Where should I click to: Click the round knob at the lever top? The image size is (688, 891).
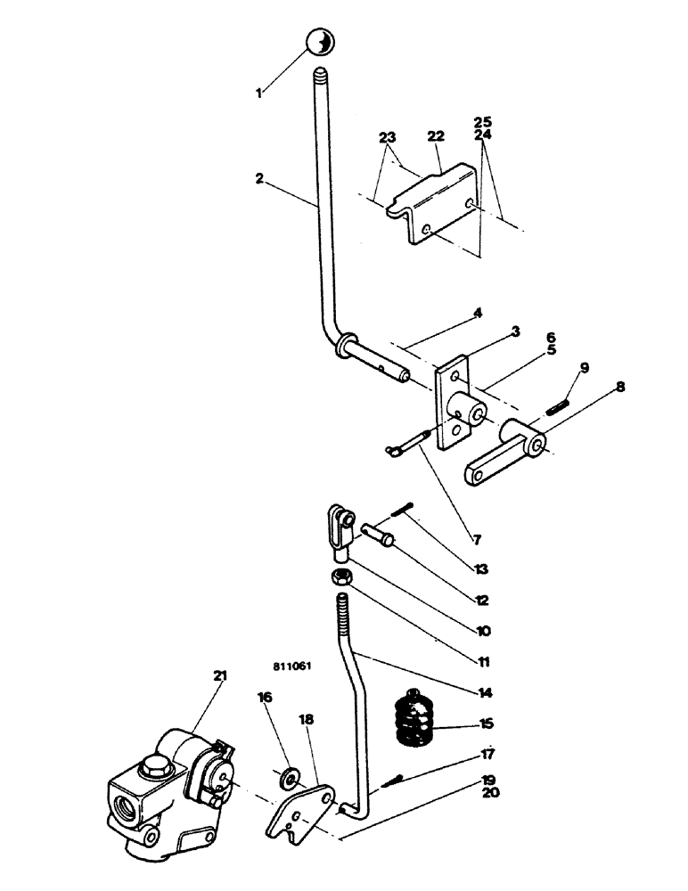click(x=320, y=43)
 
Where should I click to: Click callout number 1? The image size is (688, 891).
click(x=259, y=93)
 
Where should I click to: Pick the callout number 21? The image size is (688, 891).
click(x=219, y=676)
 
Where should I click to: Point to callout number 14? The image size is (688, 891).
click(x=486, y=691)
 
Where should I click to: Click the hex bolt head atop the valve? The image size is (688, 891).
click(x=150, y=766)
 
